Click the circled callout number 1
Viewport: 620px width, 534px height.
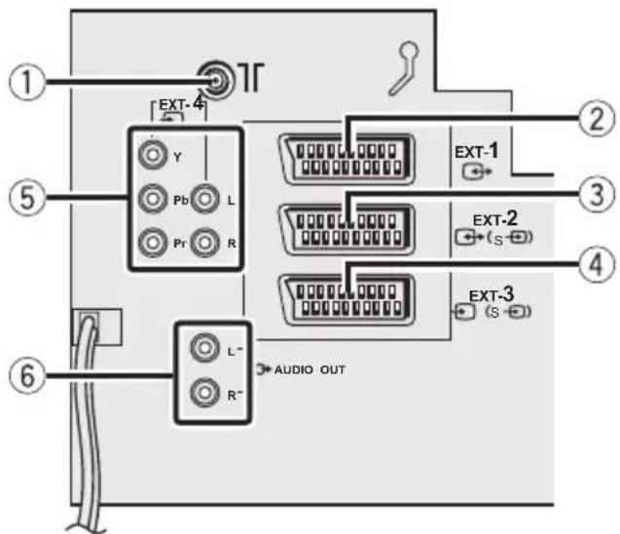click(x=27, y=84)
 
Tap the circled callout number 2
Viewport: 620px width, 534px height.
click(x=597, y=119)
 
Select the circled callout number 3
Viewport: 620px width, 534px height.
click(x=597, y=195)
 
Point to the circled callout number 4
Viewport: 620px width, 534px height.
click(x=597, y=264)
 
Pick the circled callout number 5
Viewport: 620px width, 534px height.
click(x=27, y=198)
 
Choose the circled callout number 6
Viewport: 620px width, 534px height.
click(x=27, y=375)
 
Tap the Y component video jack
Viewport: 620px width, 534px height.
click(x=153, y=155)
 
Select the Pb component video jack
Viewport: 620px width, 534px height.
click(x=153, y=199)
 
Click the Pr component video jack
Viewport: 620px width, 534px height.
click(x=153, y=242)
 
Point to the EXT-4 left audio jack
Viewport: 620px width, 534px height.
click(x=204, y=199)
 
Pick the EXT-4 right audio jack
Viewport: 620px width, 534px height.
click(x=204, y=242)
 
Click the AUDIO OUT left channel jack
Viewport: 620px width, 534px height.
click(x=204, y=348)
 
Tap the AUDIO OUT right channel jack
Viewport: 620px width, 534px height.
click(x=204, y=393)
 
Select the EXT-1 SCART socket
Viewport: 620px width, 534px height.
click(x=346, y=159)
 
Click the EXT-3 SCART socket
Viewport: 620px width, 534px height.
click(x=346, y=300)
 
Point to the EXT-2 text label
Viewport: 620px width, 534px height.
click(x=495, y=218)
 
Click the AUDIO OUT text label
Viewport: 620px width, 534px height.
click(x=310, y=370)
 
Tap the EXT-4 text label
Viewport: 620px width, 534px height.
click(x=181, y=104)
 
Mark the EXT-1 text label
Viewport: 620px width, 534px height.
click(x=477, y=152)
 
